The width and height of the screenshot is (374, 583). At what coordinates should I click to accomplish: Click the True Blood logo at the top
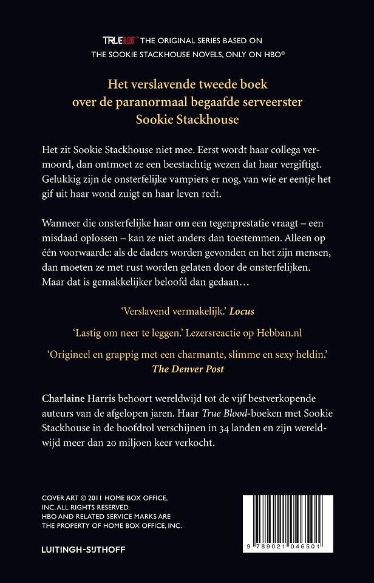118,40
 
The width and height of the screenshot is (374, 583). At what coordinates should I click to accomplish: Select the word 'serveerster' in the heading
268,102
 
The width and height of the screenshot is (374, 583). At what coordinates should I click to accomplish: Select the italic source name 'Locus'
242,311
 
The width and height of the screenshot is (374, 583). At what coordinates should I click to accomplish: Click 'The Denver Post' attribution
187,369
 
